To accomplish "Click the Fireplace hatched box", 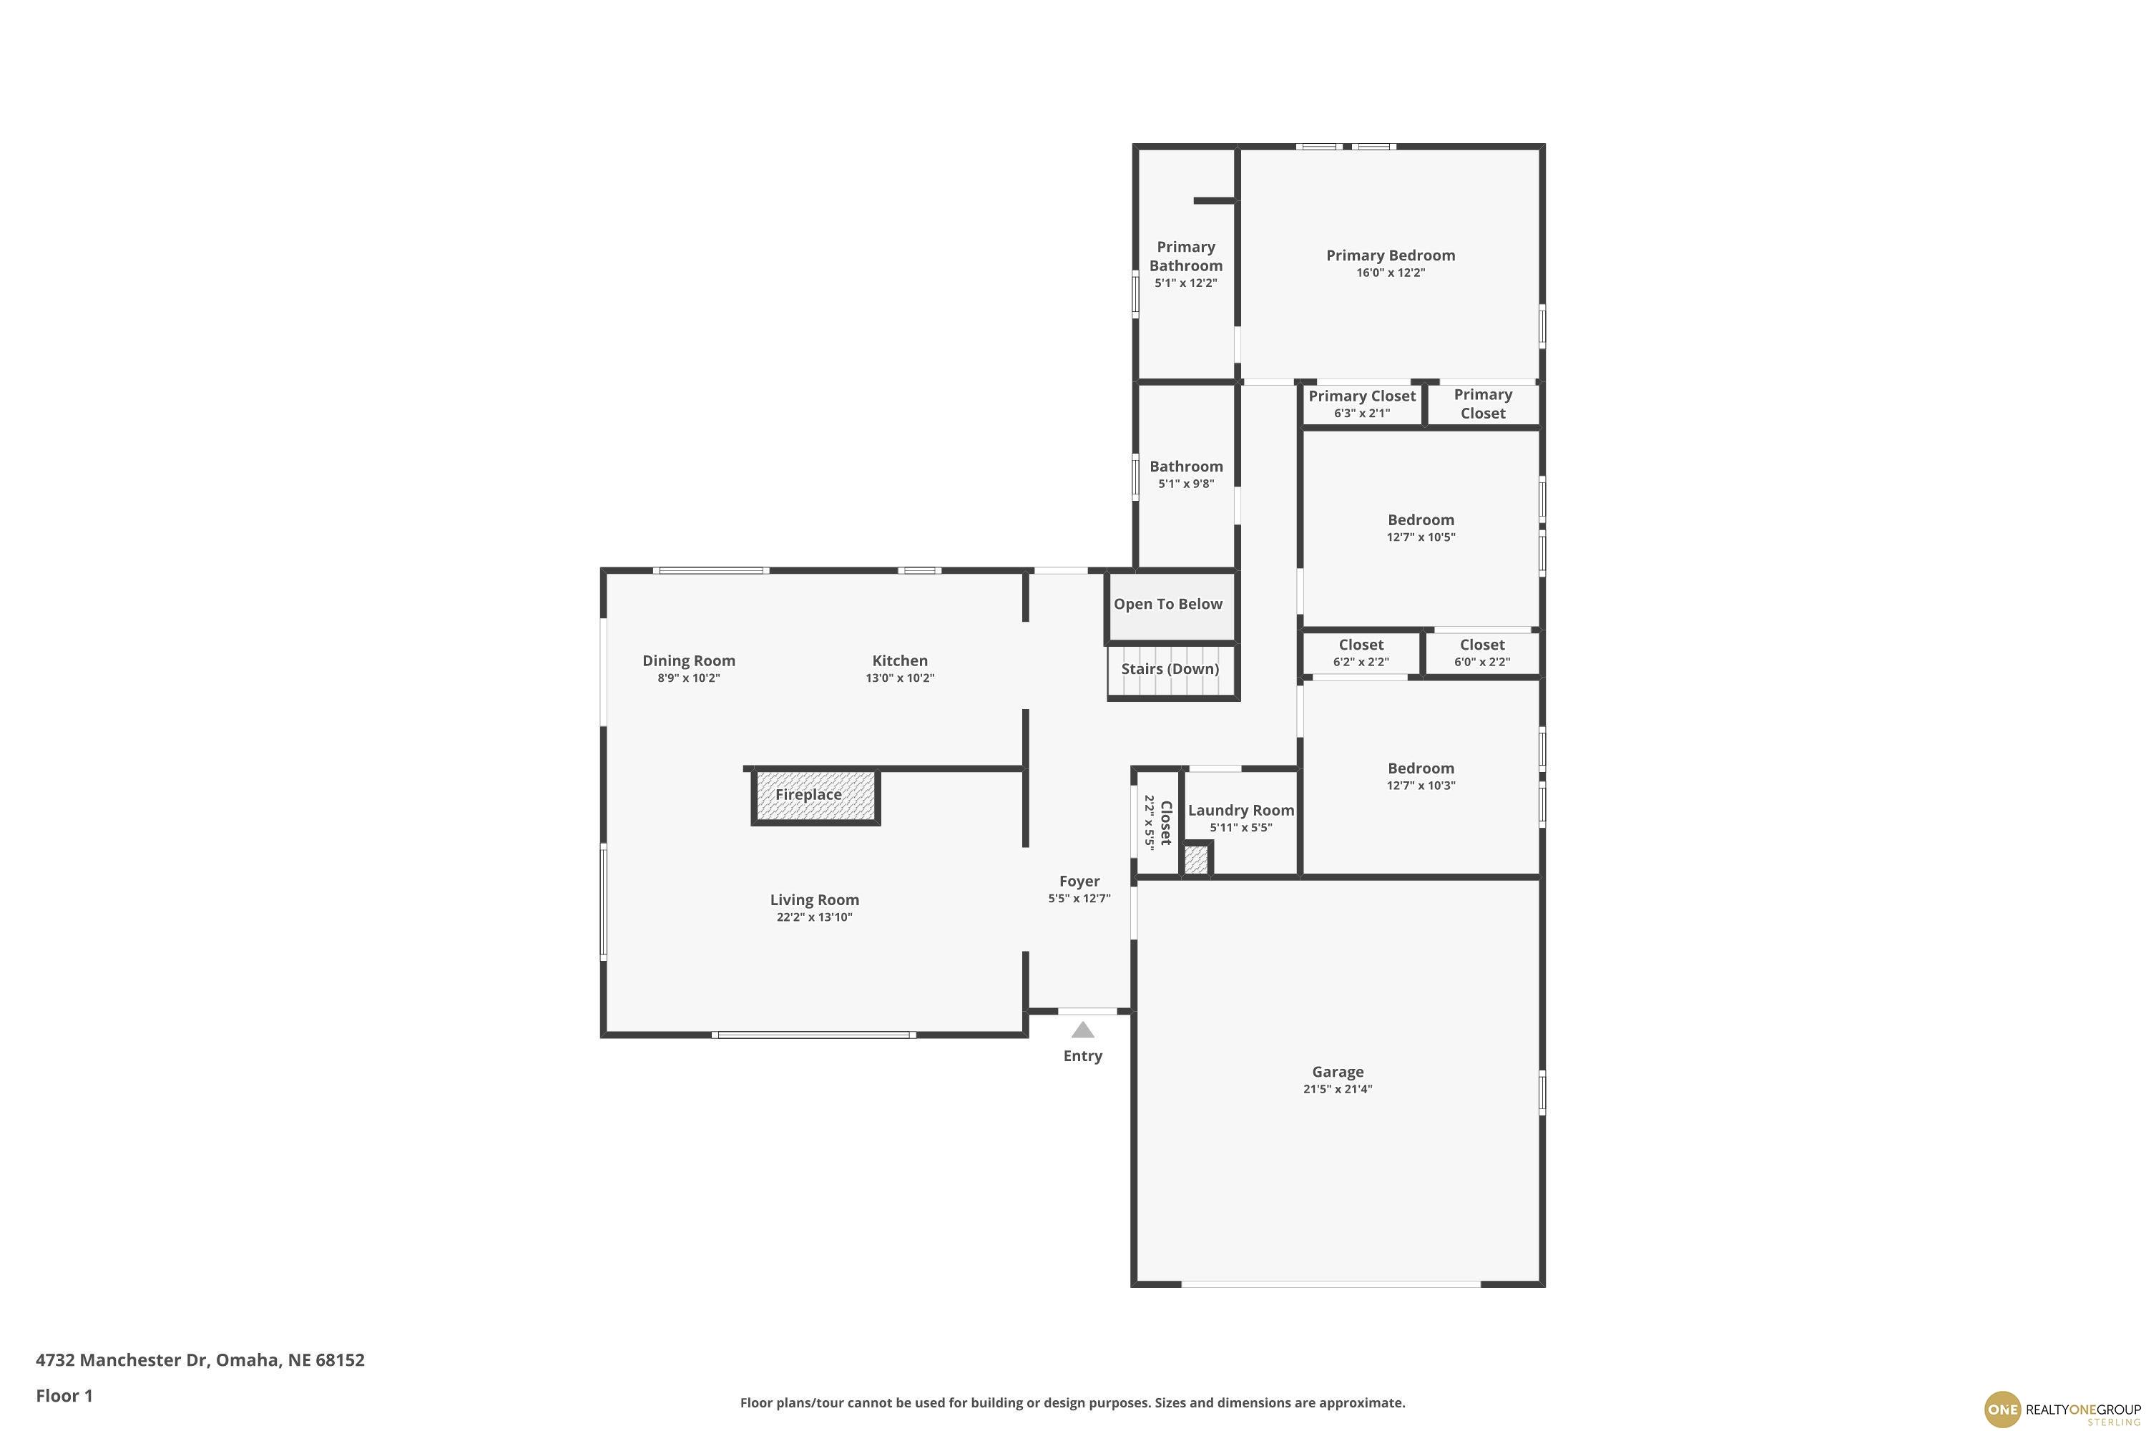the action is pos(815,796).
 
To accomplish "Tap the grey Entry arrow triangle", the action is pos(1082,1030).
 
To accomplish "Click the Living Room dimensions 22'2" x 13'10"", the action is pos(814,917).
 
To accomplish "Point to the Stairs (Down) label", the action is pos(1170,669).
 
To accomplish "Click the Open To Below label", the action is pos(1168,604).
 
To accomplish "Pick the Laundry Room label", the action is pos(1241,811).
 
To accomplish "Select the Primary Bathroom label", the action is pos(1186,256).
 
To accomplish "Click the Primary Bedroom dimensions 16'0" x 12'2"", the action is pos(1391,273).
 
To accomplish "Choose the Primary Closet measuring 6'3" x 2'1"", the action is pos(1361,404).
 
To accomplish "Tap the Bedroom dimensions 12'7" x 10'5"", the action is pos(1421,537).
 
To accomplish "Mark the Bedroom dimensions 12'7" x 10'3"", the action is pos(1421,786).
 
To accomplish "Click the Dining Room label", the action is pos(689,660).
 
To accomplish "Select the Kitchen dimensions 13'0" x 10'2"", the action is pos(900,678).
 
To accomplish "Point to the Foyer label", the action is pos(1079,881).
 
